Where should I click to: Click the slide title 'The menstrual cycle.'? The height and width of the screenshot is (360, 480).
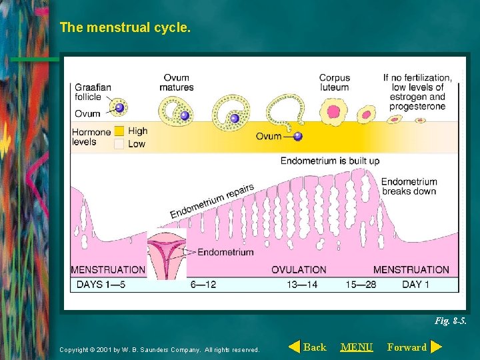coord(125,28)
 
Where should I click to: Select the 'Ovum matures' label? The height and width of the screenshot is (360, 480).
coord(177,83)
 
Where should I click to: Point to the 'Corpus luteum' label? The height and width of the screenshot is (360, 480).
coord(334,83)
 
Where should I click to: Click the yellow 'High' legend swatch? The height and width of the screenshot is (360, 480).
coord(119,131)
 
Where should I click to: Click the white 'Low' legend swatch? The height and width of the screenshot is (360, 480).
coord(119,143)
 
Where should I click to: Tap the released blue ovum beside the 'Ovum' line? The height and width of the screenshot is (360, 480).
coord(298,136)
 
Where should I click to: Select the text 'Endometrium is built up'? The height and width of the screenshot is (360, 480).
coord(329,161)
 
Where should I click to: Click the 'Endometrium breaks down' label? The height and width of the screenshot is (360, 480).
coord(409,186)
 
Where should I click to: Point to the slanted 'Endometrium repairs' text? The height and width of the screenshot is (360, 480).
coord(212,201)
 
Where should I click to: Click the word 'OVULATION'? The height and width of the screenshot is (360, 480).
coord(299,270)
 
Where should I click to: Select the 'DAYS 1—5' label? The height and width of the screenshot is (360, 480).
coord(98,285)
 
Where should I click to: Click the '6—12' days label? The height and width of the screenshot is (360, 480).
coord(203,285)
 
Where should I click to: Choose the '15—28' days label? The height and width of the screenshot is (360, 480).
coord(361,285)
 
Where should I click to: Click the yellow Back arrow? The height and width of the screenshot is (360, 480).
coord(294,347)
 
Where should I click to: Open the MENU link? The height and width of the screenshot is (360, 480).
coord(357,347)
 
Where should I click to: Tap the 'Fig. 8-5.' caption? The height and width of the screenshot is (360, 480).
coord(451,321)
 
